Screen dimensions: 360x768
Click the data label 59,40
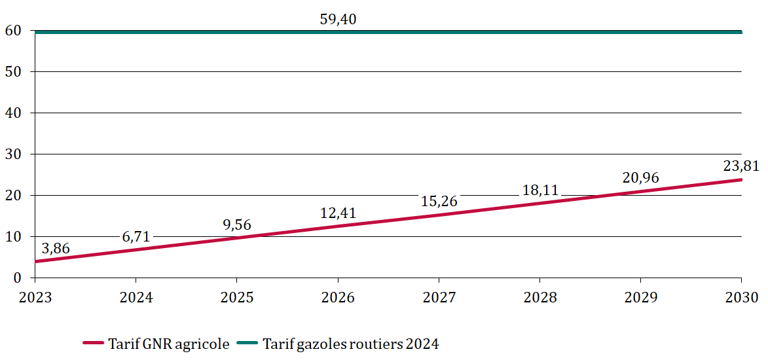tap(338, 20)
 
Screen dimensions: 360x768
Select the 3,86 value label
tap(56, 248)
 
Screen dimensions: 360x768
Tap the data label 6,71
tap(136, 236)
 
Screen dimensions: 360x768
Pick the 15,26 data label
tap(439, 200)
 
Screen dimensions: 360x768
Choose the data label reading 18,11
tap(540, 190)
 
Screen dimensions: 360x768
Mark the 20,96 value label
tap(641, 177)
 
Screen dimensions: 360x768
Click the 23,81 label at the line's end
tap(741, 166)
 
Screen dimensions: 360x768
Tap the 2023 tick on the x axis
tap(35, 297)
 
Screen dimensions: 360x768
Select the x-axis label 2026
tap(338, 297)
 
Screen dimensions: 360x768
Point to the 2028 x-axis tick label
tap(540, 297)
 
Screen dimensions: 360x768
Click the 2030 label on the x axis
tap(741, 297)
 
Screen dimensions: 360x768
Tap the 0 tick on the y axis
tap(18, 278)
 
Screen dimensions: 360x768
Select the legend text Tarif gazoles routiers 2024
tap(350, 344)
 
